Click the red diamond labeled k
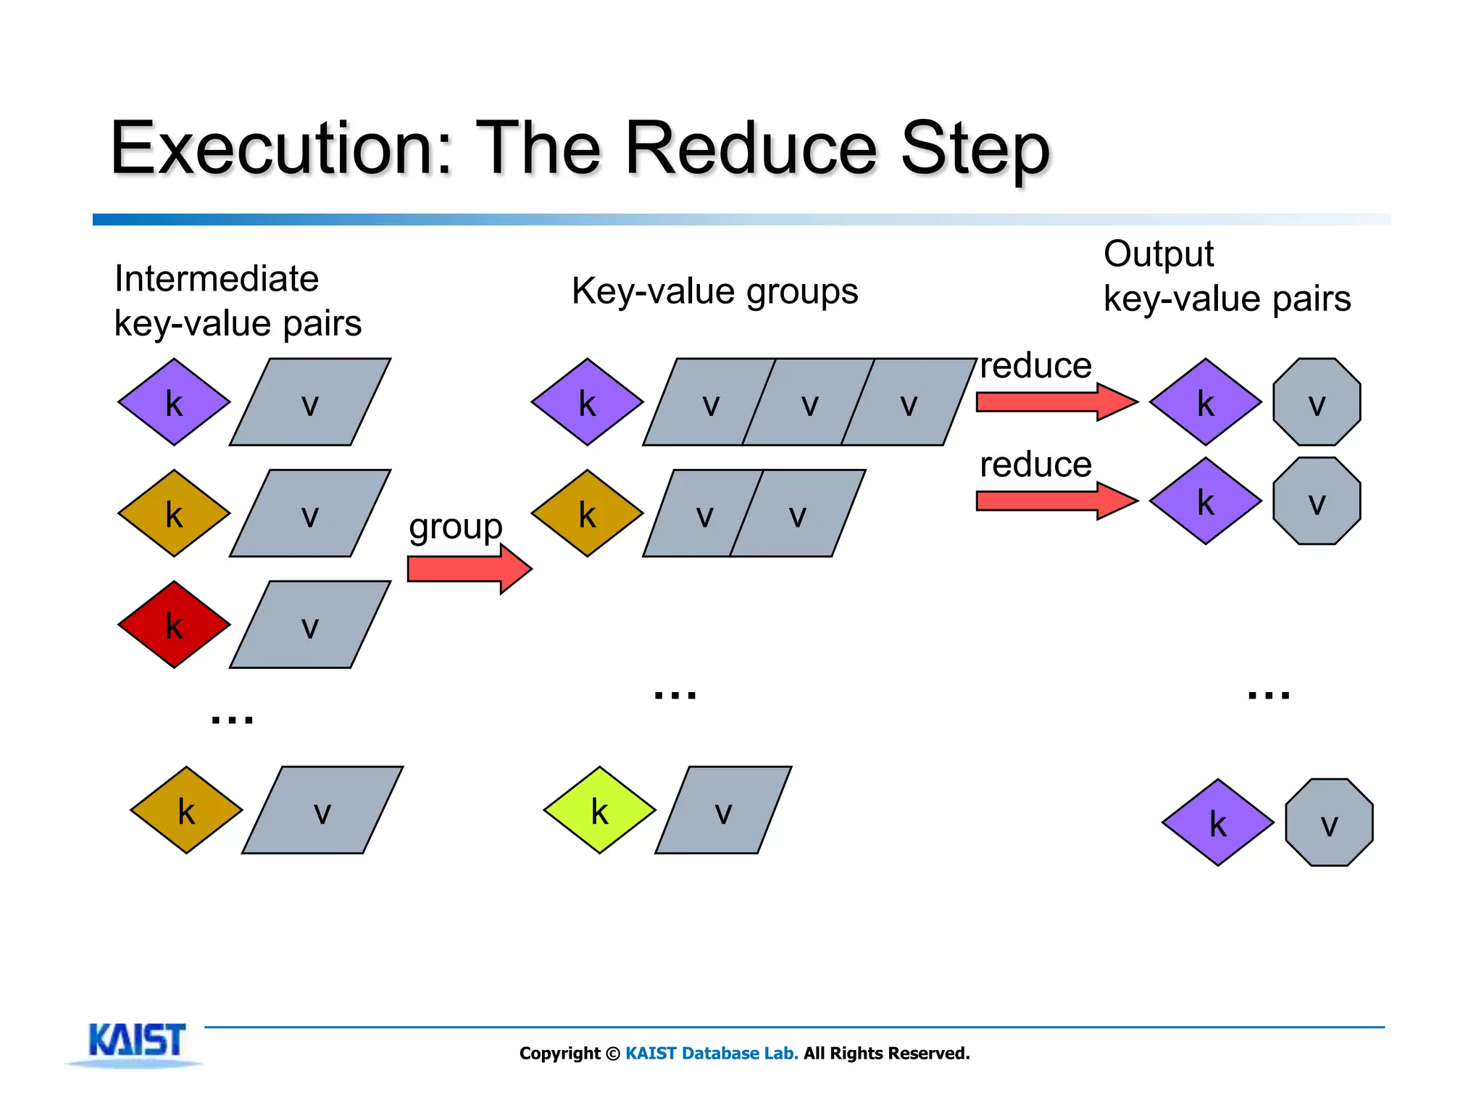pos(174,624)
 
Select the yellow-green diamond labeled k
pos(599,809)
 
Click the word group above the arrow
pos(455,527)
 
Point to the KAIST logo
pos(136,1042)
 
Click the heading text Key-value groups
pos(714,291)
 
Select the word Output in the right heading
pos(1158,254)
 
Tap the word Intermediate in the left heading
pos(217,279)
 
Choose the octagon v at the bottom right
pos(1329,822)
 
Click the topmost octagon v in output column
pos(1317,402)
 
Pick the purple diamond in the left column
pos(174,402)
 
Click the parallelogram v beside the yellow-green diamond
pos(723,810)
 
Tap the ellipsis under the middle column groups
pos(675,694)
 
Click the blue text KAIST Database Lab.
pos(712,1053)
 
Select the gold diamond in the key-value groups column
pos(587,513)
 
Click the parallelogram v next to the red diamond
pos(310,625)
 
